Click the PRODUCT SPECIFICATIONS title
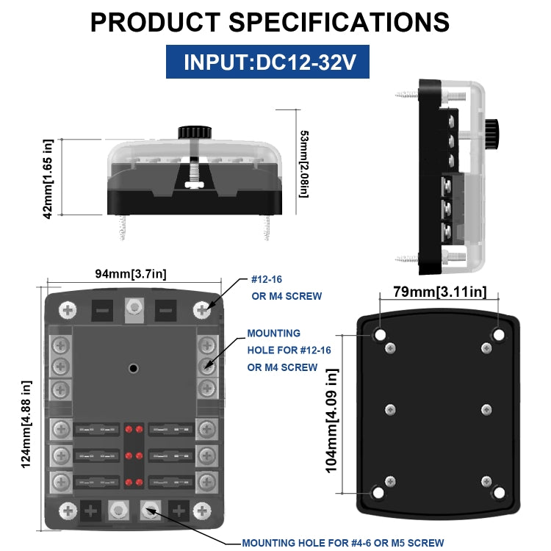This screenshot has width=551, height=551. pos(270,22)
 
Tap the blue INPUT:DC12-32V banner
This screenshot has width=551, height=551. pos(267,62)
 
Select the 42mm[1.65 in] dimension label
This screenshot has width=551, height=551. pos(48,179)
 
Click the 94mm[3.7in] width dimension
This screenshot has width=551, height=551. pos(130,274)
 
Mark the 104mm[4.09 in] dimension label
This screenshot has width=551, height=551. pos(331,421)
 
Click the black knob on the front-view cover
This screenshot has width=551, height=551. pos(194,133)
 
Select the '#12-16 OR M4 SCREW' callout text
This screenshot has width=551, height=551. pos(287,287)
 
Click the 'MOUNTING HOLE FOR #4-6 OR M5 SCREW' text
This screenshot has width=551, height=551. pos(342,543)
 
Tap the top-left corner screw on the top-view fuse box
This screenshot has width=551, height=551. pos(68,310)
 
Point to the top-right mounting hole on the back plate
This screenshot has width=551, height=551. pos(498,335)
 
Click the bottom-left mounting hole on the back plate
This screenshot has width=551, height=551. pos(378,493)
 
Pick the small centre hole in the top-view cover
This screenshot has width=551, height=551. pos(134,367)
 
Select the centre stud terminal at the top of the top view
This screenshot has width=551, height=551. pos(134,308)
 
